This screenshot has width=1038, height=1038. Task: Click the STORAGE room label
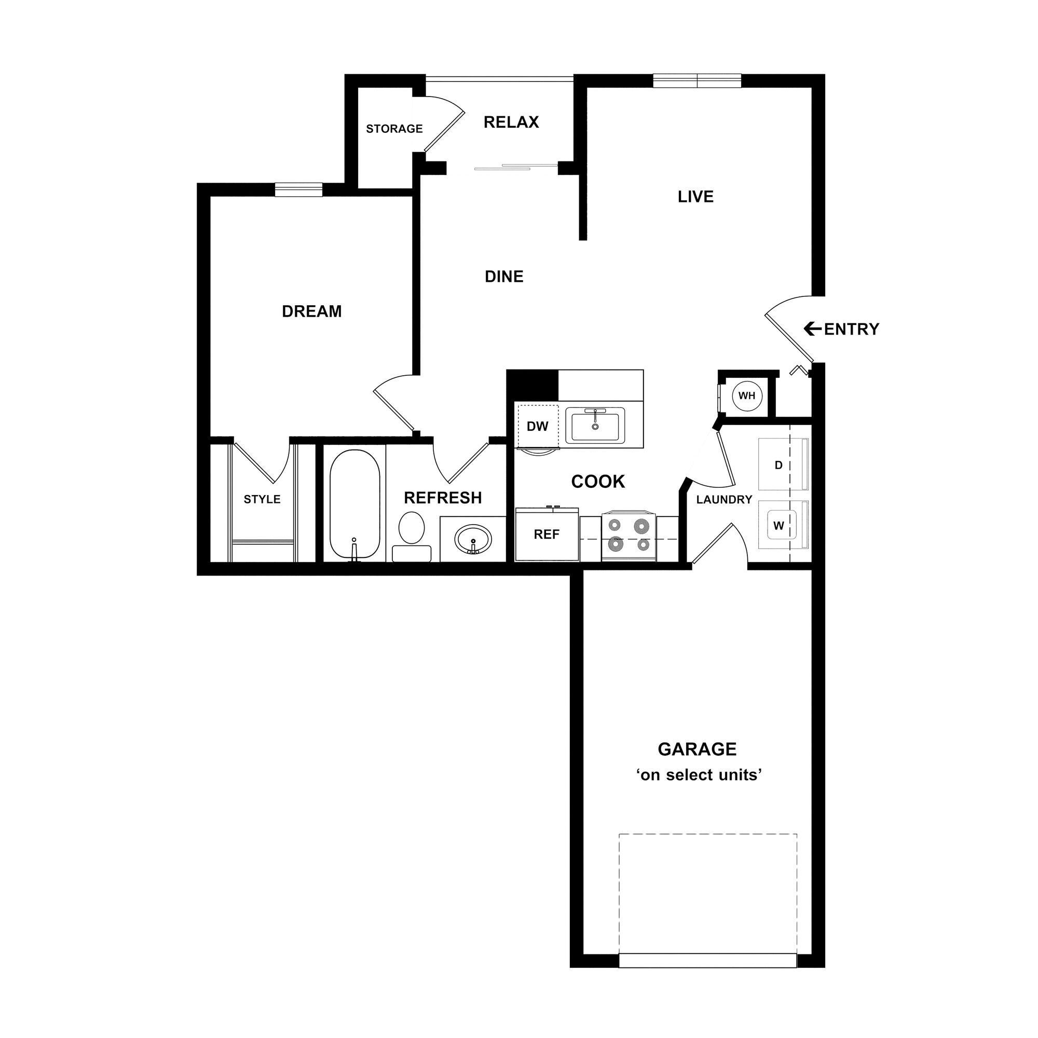tap(394, 129)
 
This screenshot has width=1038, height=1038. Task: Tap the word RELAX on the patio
tap(510, 122)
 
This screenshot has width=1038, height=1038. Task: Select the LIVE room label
tap(695, 197)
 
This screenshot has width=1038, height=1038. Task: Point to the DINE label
tap(503, 277)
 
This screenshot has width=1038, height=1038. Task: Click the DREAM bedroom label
tap(311, 311)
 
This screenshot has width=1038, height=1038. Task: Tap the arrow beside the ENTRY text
tap(812, 329)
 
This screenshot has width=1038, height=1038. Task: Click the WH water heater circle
tap(747, 396)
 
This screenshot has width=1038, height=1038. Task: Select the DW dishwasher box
tap(537, 427)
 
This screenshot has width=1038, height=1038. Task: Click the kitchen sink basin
tap(595, 425)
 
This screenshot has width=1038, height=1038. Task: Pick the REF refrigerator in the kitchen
tap(547, 535)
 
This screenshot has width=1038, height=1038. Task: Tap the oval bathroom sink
tap(473, 538)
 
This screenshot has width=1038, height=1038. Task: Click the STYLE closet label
tap(262, 500)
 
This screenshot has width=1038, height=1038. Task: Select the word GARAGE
tap(697, 749)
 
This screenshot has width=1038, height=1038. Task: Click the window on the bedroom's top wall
tap(299, 189)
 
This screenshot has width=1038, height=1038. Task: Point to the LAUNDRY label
tap(723, 500)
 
